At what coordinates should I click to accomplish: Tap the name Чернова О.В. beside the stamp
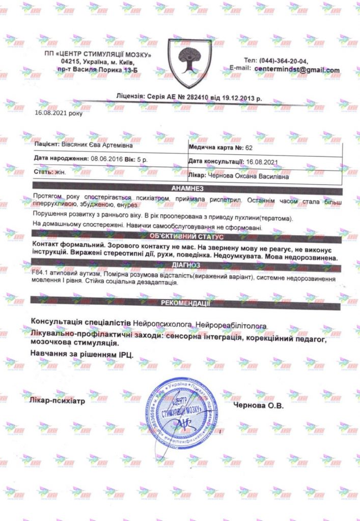click(258, 407)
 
